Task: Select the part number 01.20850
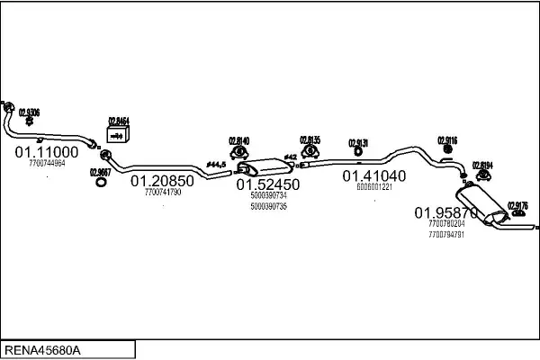pyautogui.click(x=162, y=180)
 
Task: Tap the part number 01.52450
pyautogui.click(x=268, y=184)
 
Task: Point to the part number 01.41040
pyautogui.click(x=373, y=175)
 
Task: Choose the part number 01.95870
pyautogui.click(x=445, y=212)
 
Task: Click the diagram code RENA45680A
pyautogui.click(x=43, y=349)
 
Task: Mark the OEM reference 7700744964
pyautogui.click(x=47, y=164)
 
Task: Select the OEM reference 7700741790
pyautogui.click(x=163, y=192)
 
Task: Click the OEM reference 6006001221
pyautogui.click(x=374, y=187)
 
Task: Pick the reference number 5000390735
pyautogui.click(x=268, y=206)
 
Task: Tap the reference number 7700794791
pyautogui.click(x=446, y=234)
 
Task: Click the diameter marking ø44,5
pyautogui.click(x=217, y=163)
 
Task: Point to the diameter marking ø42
pyautogui.click(x=290, y=158)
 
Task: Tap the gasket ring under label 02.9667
pyautogui.click(x=103, y=184)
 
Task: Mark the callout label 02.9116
pyautogui.click(x=448, y=139)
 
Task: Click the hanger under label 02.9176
pyautogui.click(x=517, y=216)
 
